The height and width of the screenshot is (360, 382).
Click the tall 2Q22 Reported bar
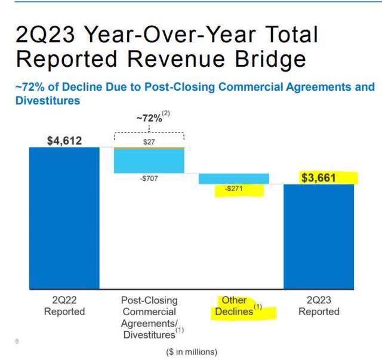click(64, 218)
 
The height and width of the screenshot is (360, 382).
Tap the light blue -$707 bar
click(149, 161)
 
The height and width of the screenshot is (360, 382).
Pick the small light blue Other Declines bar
click(234, 179)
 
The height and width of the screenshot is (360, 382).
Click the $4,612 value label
click(64, 141)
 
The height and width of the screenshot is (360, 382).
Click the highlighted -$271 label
click(233, 190)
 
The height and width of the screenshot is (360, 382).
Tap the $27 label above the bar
click(149, 141)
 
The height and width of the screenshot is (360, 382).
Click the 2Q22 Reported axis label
click(64, 306)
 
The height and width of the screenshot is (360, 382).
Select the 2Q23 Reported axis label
click(319, 306)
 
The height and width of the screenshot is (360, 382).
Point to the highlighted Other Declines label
click(238, 306)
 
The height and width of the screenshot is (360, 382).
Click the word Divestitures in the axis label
click(146, 334)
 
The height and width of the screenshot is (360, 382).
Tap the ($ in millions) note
click(192, 352)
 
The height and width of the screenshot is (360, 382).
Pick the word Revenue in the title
click(164, 59)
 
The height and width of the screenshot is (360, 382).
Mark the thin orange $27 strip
click(149, 147)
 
